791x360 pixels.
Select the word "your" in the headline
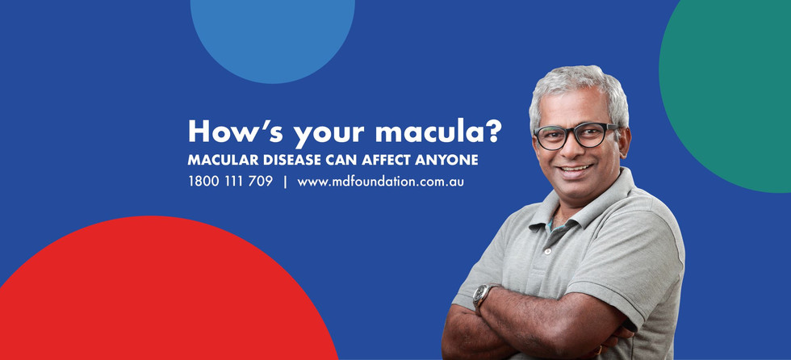pyautogui.click(x=329, y=135)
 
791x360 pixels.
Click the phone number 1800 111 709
pyautogui.click(x=231, y=182)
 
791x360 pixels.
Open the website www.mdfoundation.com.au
pyautogui.click(x=381, y=182)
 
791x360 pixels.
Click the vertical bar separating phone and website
pyautogui.click(x=285, y=182)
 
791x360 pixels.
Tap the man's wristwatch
pyautogui.click(x=481, y=295)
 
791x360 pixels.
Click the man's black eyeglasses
pyautogui.click(x=575, y=135)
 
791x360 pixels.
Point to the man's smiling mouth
pyautogui.click(x=575, y=170)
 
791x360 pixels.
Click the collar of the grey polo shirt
pyautogui.click(x=580, y=207)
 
